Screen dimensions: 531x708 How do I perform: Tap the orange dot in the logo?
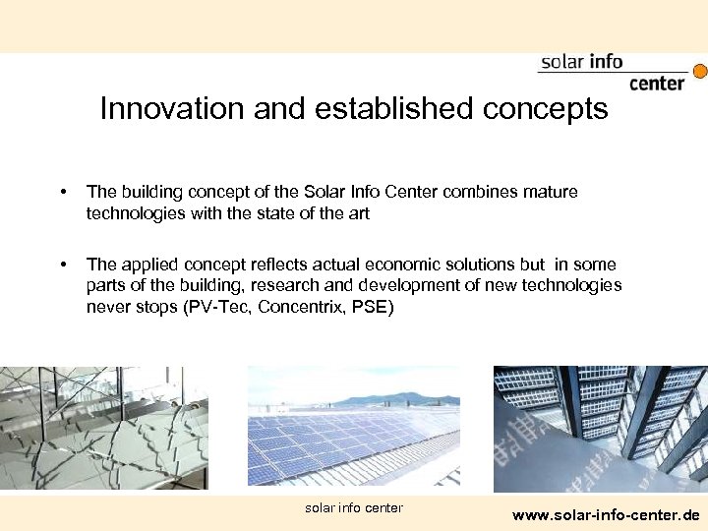[x=700, y=71]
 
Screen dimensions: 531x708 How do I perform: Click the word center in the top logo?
[x=656, y=84]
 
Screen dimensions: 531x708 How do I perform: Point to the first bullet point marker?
[x=63, y=193]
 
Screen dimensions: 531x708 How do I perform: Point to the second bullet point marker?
[x=63, y=265]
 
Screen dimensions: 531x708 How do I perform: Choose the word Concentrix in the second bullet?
[x=296, y=307]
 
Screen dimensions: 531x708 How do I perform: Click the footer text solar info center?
[x=354, y=507]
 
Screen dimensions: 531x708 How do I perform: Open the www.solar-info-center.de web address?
[x=607, y=514]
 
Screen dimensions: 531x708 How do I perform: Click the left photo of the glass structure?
[x=103, y=428]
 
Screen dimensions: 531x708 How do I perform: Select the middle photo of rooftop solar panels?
[x=353, y=428]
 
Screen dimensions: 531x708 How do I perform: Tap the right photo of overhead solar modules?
[x=600, y=428]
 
